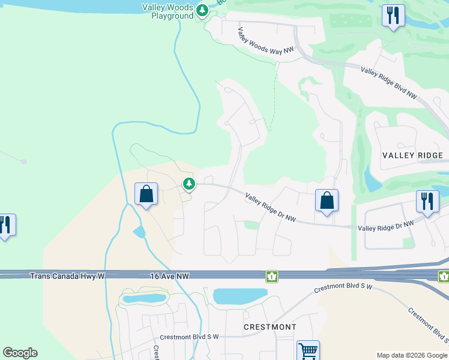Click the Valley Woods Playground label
click(167, 11)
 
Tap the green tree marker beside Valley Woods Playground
click(202, 10)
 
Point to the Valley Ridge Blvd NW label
click(388, 83)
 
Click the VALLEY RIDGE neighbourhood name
click(412, 155)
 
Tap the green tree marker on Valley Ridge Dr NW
click(189, 183)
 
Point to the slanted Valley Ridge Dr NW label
click(271, 207)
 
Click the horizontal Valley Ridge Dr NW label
click(386, 226)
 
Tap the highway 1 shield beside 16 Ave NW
click(272, 275)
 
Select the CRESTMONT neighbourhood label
click(270, 327)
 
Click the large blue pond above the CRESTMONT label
click(240, 296)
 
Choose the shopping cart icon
click(308, 350)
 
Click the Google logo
click(20, 353)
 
